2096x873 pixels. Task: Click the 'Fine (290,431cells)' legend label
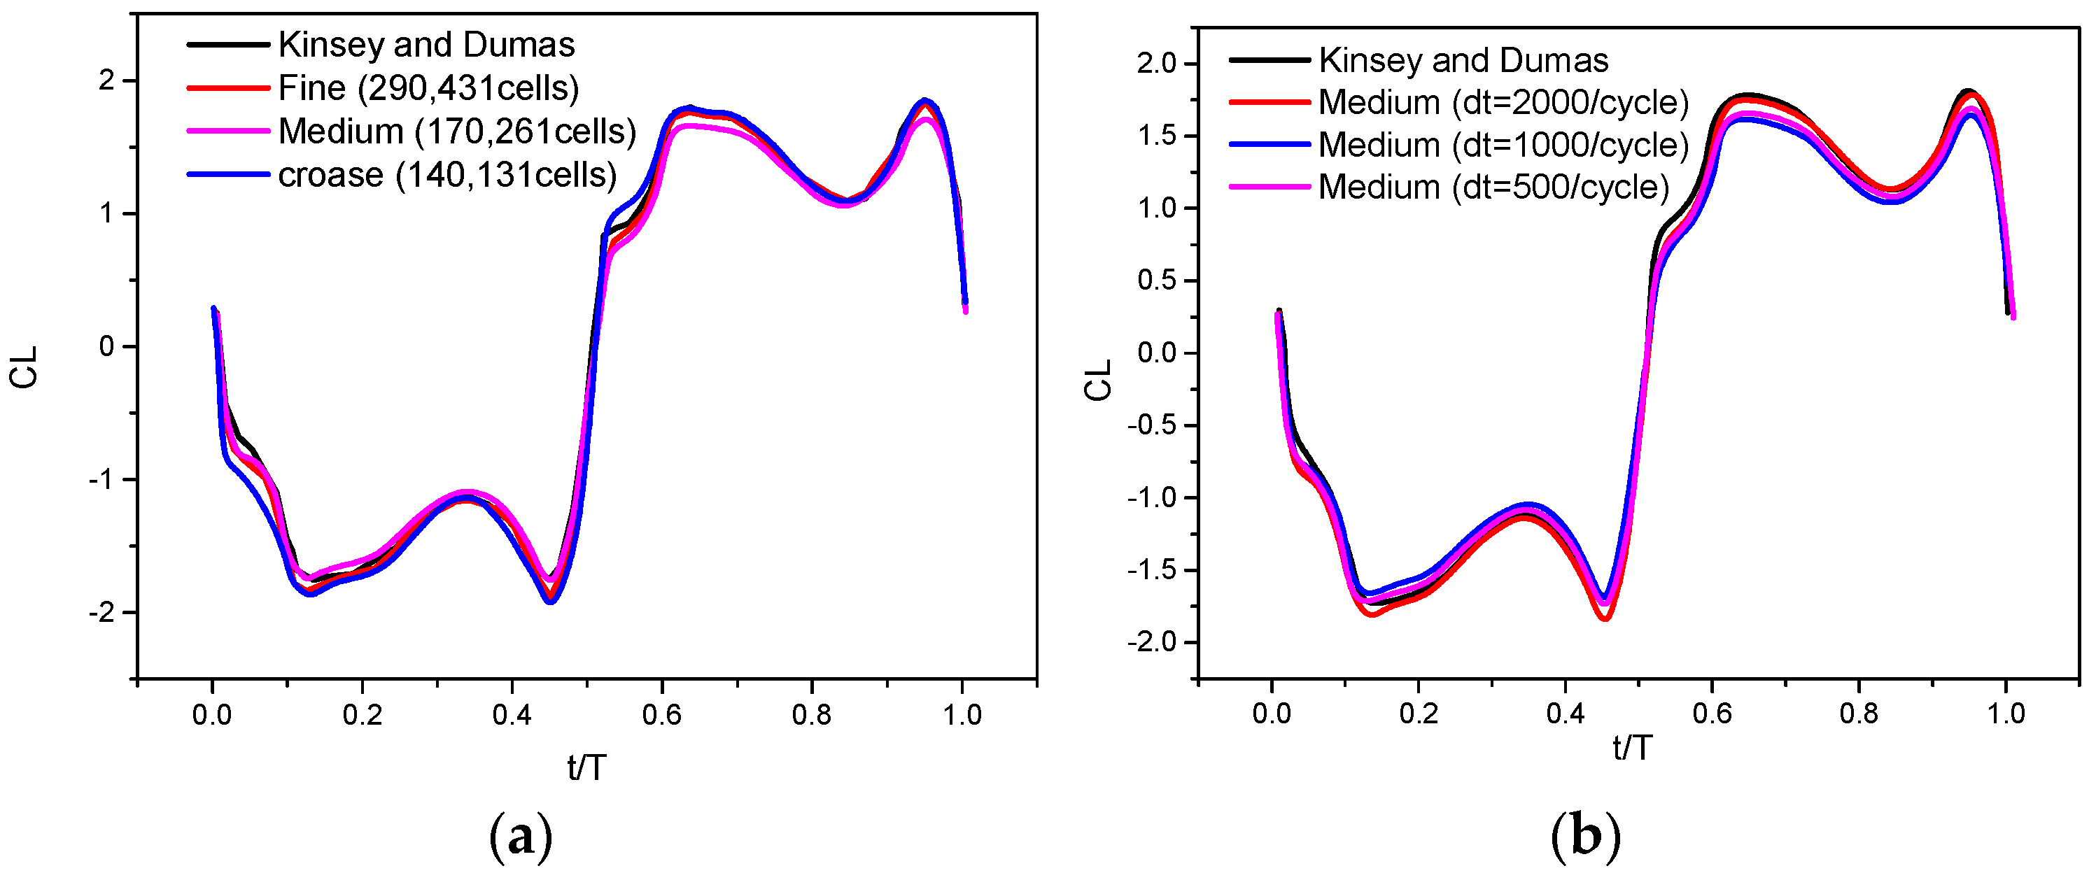pyautogui.click(x=428, y=88)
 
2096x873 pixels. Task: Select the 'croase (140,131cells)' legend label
pyautogui.click(x=446, y=175)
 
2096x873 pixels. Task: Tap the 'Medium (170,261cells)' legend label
pyautogui.click(x=456, y=131)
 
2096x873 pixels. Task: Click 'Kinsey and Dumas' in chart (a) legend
pyautogui.click(x=426, y=45)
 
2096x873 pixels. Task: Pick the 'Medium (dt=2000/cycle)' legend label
pyautogui.click(x=1503, y=103)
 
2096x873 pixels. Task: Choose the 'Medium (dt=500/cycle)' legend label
pyautogui.click(x=1493, y=187)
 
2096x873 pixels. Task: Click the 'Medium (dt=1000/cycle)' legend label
pyautogui.click(x=1503, y=145)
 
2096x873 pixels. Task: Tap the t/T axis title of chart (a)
pyautogui.click(x=586, y=767)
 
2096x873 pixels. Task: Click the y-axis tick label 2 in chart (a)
pyautogui.click(x=106, y=81)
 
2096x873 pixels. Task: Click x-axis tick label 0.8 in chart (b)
pyautogui.click(x=1859, y=714)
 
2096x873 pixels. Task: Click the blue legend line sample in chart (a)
pyautogui.click(x=228, y=174)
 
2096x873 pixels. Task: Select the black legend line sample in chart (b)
pyautogui.click(x=1269, y=60)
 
